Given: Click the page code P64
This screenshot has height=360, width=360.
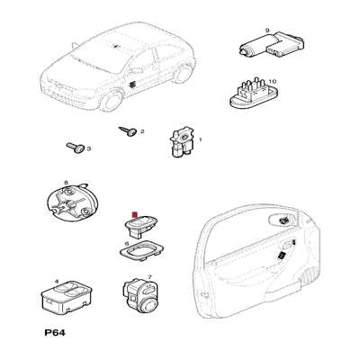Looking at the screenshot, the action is click(55, 333).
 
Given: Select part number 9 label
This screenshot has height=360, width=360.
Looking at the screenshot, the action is click(267, 30).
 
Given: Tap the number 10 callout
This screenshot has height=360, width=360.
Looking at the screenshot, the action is click(273, 81).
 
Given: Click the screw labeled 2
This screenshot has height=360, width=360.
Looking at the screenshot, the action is click(128, 131).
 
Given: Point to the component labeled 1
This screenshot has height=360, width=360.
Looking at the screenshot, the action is click(182, 141).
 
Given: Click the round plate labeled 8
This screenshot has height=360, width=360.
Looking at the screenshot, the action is click(72, 202).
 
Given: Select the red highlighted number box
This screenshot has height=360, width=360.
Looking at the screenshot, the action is click(134, 214).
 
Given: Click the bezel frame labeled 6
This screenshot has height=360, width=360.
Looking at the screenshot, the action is click(141, 248).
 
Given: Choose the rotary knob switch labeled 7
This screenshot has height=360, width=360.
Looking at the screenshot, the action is click(140, 296).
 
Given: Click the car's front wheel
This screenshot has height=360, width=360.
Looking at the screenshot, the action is click(112, 101).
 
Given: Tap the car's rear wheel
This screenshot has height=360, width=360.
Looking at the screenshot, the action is click(183, 74).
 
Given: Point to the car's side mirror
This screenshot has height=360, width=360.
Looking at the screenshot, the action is click(137, 71).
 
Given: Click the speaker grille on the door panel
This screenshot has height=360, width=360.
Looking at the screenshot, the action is click(306, 275).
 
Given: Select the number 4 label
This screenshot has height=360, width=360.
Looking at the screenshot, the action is click(56, 282).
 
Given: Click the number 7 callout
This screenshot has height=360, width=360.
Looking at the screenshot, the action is click(149, 276).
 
